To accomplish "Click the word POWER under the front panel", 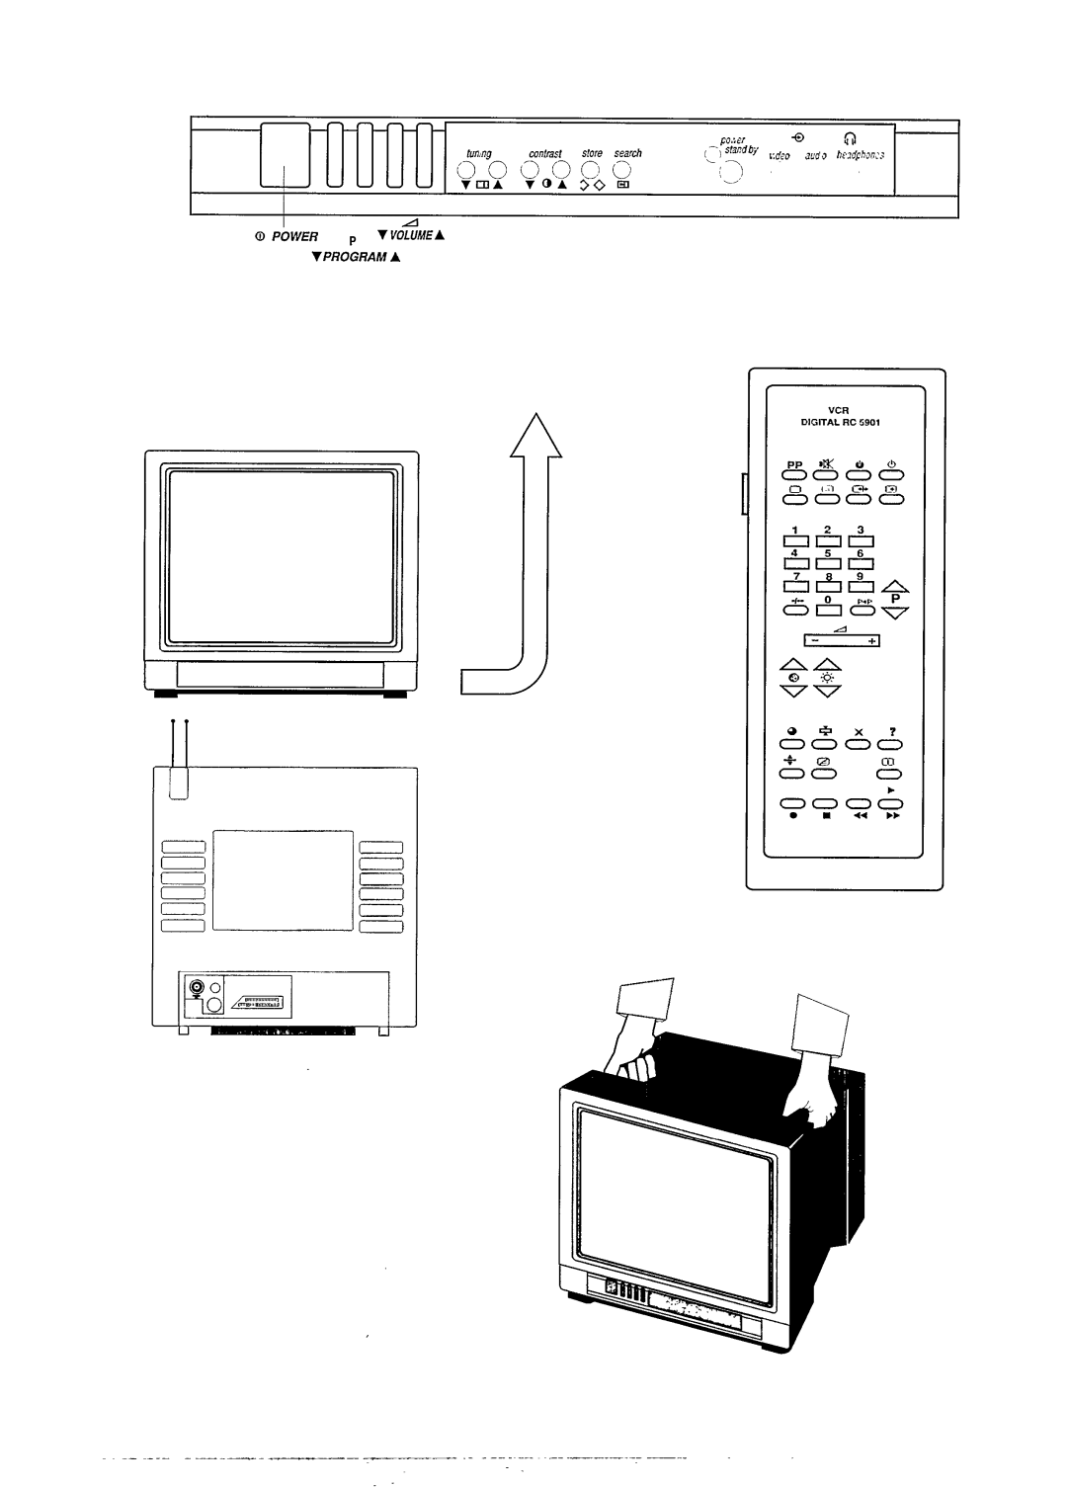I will [296, 237].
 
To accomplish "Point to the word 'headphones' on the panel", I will [860, 155].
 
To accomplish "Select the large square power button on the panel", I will [286, 156].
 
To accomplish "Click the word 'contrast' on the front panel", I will [544, 154].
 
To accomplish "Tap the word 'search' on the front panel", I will [627, 154].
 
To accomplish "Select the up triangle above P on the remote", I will [895, 587].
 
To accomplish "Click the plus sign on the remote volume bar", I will [872, 641].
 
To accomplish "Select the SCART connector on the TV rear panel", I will [257, 1003].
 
